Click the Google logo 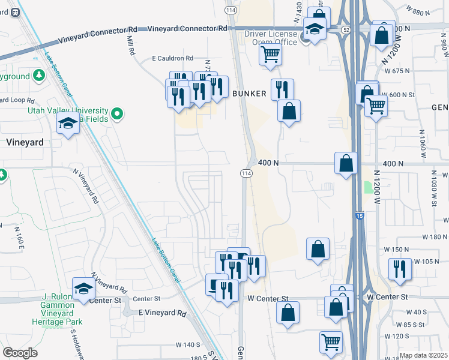20,353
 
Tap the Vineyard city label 25,143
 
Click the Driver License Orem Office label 271,38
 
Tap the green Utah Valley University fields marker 118,112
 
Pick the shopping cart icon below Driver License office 271,55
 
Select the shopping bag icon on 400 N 346,163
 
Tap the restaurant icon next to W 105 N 399,269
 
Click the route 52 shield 345,29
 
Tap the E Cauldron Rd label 173,58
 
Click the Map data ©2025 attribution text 424,355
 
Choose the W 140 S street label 187,344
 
